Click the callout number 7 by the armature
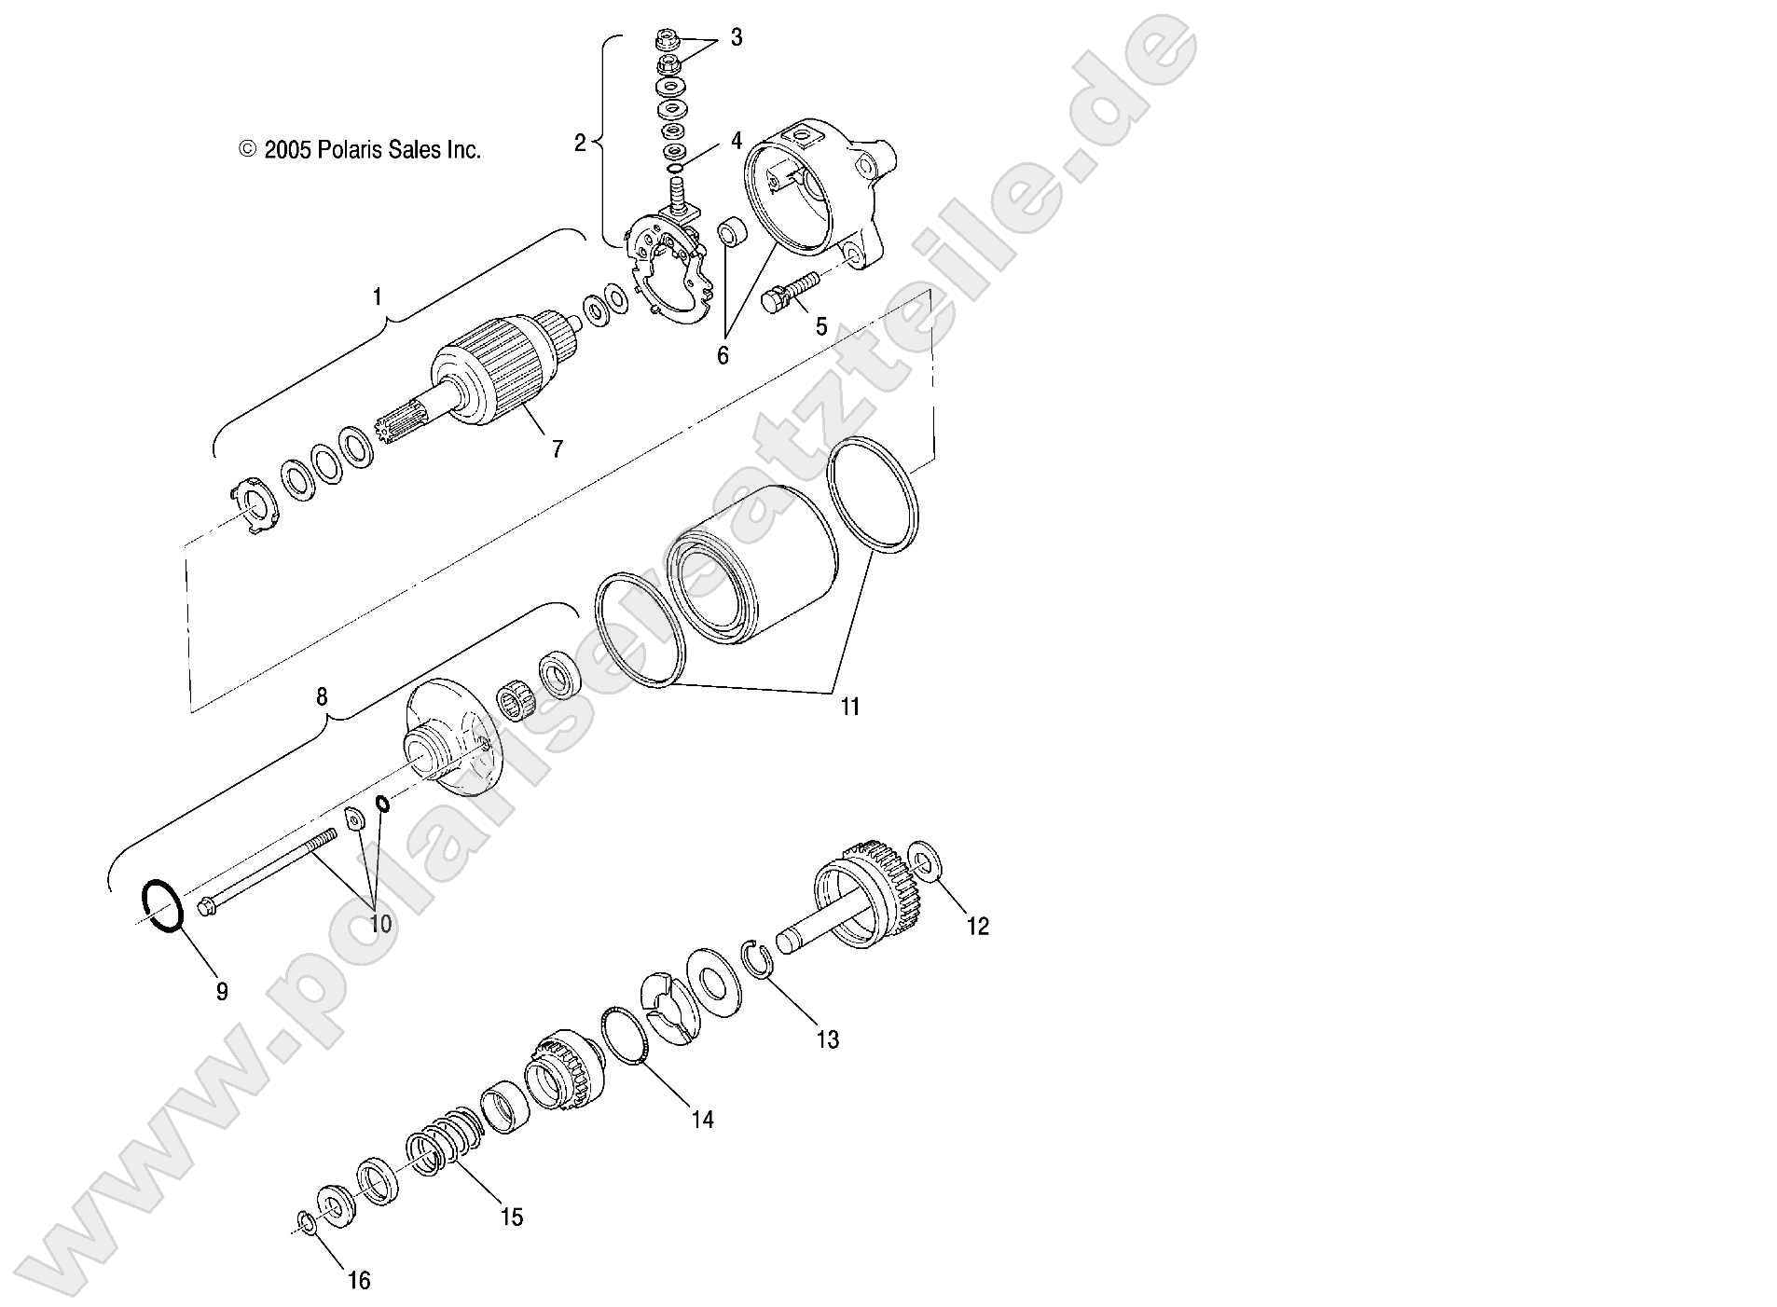(557, 449)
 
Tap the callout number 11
(849, 707)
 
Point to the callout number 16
(359, 1282)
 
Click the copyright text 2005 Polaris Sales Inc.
(361, 150)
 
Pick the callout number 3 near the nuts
(737, 38)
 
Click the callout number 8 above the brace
(322, 696)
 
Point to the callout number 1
(377, 297)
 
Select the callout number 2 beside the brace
(580, 143)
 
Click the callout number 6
(723, 355)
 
